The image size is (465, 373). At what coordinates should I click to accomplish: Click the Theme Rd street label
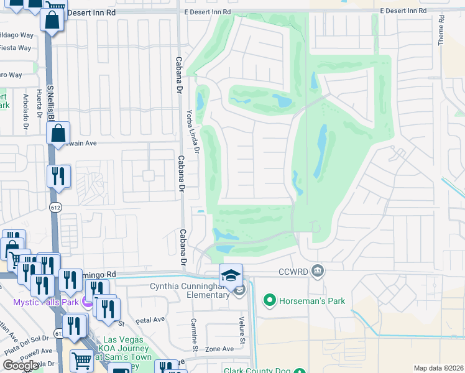(x=441, y=30)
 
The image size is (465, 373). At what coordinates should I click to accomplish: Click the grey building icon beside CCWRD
(x=318, y=270)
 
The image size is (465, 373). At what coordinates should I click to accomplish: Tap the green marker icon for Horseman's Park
(x=269, y=301)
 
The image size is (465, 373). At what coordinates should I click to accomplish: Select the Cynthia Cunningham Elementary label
(x=190, y=290)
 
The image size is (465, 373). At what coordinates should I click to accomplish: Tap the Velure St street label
(x=242, y=328)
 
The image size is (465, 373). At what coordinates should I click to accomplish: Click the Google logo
(x=21, y=366)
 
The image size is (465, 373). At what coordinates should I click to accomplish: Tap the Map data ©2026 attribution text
(x=438, y=368)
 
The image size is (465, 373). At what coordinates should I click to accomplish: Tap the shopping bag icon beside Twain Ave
(x=58, y=133)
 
